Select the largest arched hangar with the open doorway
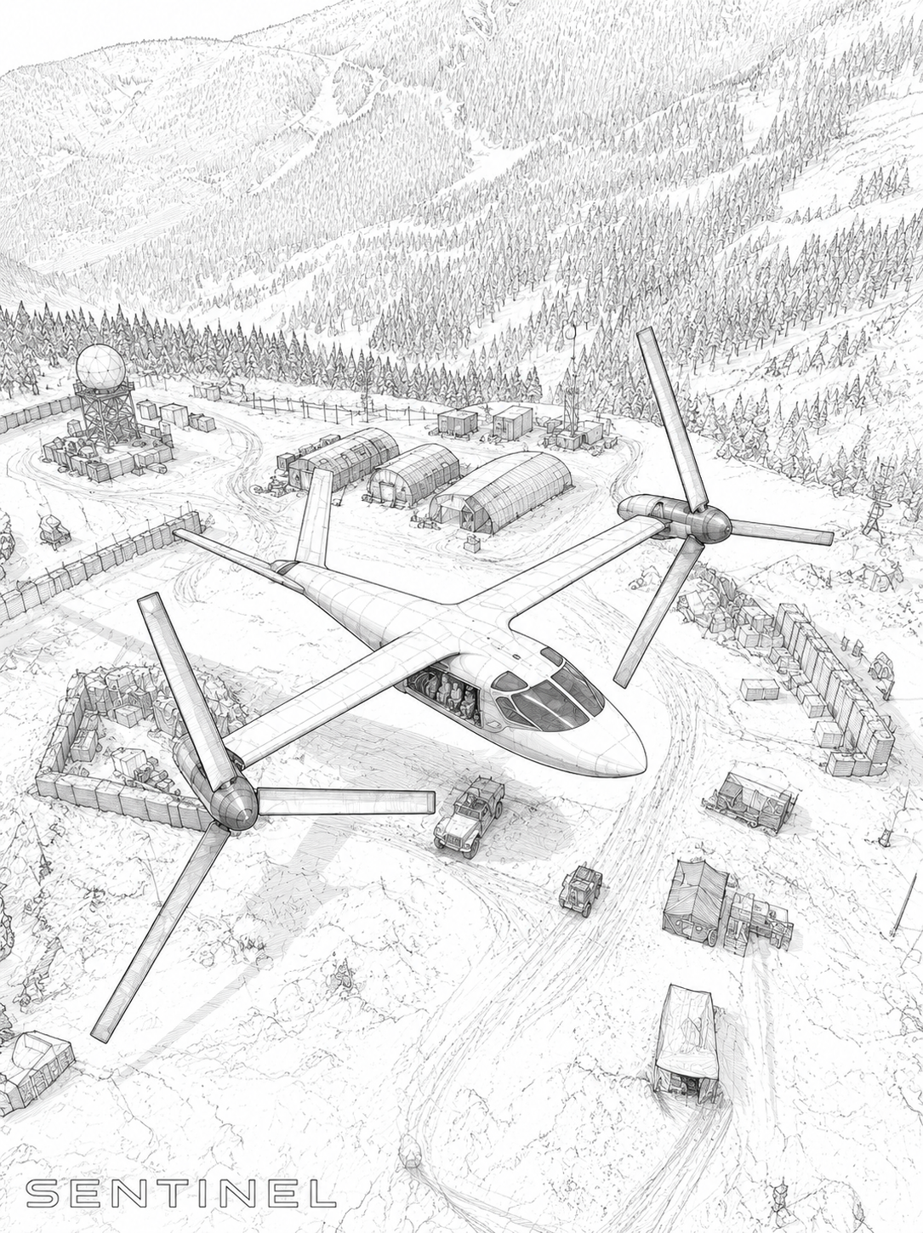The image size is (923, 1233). [x=501, y=493]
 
